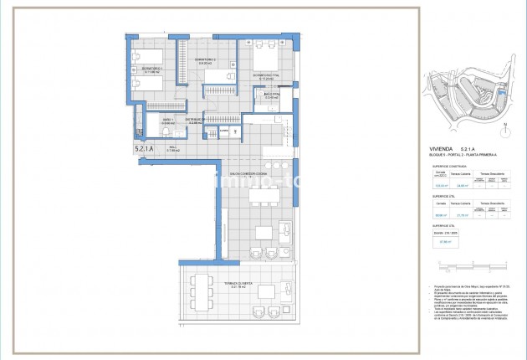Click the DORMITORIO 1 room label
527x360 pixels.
151,69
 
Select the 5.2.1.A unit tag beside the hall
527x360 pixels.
145,148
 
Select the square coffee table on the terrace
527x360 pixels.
268,292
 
